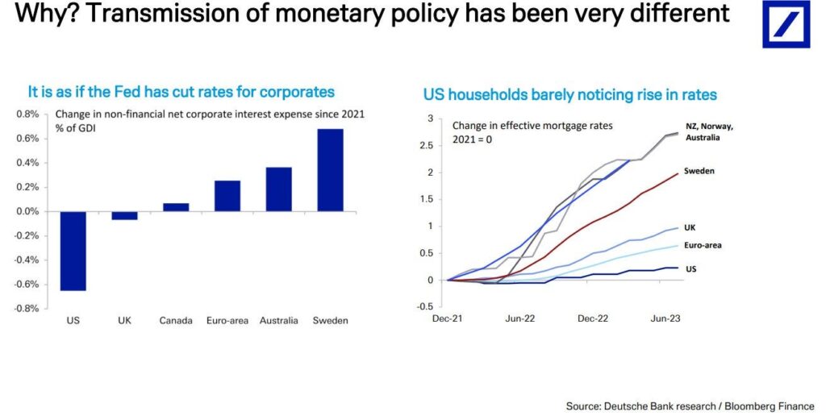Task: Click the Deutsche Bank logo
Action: [786, 23]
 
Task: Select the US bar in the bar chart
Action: [73, 251]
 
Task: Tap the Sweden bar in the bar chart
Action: [331, 170]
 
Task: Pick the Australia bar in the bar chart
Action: [278, 189]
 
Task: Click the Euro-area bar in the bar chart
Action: [227, 196]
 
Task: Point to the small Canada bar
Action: [176, 207]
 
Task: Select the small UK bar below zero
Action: [124, 215]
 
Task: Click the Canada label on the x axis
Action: [176, 321]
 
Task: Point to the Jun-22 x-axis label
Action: [520, 318]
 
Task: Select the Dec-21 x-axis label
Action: [448, 318]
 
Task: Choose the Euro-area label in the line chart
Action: [703, 245]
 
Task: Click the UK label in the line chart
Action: [690, 228]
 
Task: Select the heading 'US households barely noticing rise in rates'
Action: [569, 95]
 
